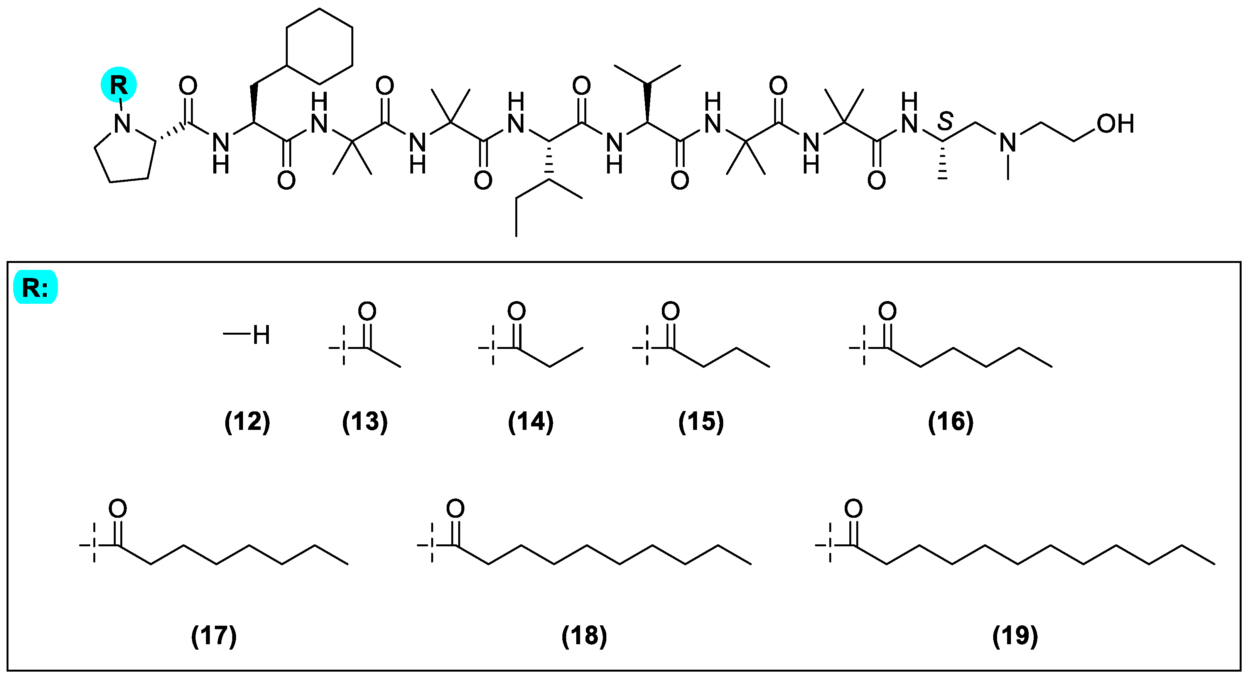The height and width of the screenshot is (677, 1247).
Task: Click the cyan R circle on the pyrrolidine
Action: click(118, 85)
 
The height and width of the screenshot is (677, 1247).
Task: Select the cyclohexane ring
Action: click(319, 47)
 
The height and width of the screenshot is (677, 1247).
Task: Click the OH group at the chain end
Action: click(1115, 124)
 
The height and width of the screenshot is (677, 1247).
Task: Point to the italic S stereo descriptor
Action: click(945, 121)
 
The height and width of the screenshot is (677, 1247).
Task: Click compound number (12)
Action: click(247, 421)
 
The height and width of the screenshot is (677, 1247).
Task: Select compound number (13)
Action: click(364, 421)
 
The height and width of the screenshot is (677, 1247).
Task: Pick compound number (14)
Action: click(531, 421)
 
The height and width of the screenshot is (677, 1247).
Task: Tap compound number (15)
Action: click(700, 421)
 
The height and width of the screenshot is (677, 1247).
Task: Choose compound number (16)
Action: click(950, 421)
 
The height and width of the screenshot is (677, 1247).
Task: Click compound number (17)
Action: click(214, 635)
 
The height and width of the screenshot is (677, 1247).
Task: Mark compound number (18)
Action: click(584, 635)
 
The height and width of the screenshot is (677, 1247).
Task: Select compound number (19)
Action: click(1015, 635)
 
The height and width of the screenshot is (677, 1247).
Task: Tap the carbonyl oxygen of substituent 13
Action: click(368, 311)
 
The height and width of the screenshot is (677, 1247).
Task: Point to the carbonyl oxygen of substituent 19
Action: click(854, 509)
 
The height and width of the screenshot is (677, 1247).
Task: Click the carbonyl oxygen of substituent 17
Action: click(118, 509)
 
